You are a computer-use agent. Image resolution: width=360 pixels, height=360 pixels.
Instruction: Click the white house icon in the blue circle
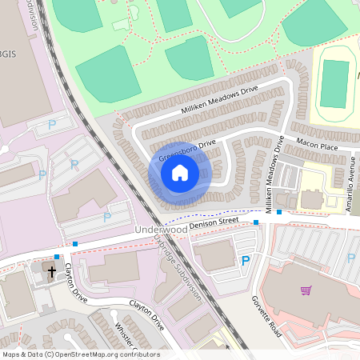click(180, 173)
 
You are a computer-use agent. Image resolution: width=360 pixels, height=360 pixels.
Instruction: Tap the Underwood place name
click(161, 230)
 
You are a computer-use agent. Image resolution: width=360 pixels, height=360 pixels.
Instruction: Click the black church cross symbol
click(52, 271)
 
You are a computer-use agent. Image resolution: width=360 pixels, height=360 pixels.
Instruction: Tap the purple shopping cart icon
click(306, 290)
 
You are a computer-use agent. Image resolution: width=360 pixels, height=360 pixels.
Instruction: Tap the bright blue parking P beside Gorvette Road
click(246, 261)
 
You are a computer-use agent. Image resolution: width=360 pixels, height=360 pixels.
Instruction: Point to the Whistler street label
click(123, 335)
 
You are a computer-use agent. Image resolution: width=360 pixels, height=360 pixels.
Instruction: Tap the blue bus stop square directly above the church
click(56, 257)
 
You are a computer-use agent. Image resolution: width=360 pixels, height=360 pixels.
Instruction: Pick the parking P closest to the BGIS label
click(53, 125)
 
